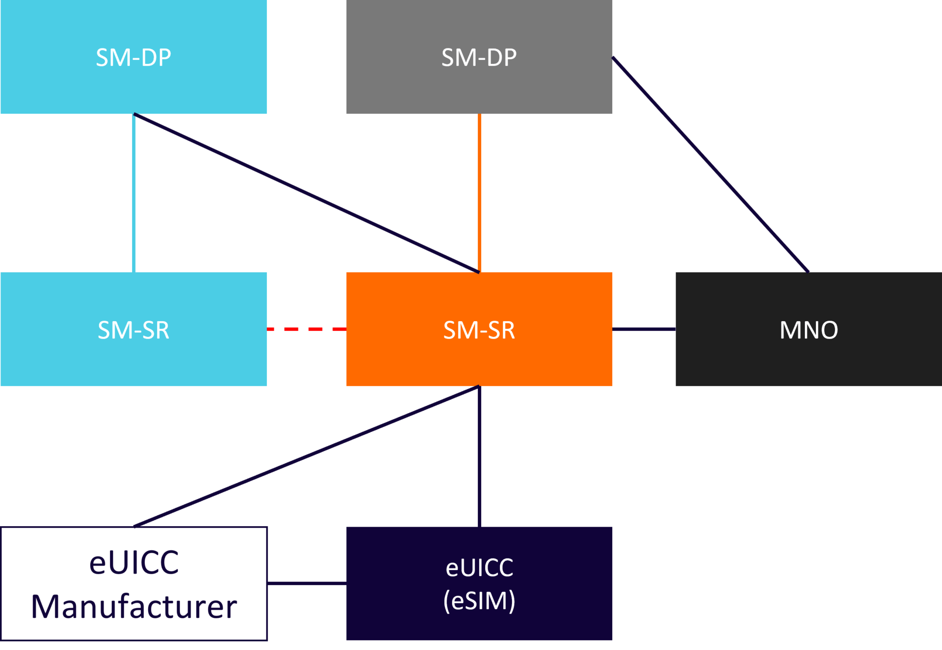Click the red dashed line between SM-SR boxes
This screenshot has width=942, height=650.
click(x=306, y=329)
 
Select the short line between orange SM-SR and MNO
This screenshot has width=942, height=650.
click(x=644, y=329)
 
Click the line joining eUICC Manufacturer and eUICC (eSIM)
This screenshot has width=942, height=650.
click(x=307, y=583)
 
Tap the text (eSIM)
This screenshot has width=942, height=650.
click(x=479, y=601)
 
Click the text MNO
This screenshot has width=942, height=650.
click(x=808, y=330)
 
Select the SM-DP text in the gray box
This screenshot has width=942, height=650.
click(x=479, y=58)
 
